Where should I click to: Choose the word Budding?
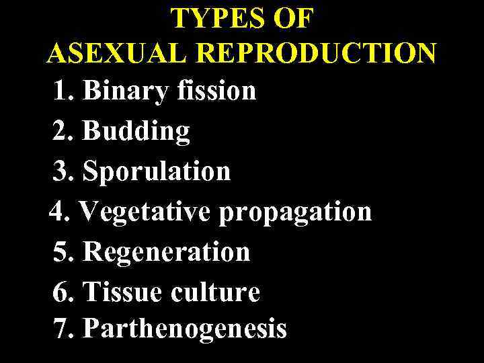pyautogui.click(x=136, y=132)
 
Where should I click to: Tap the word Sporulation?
pyautogui.click(x=156, y=171)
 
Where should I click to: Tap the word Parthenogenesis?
pyautogui.click(x=185, y=330)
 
